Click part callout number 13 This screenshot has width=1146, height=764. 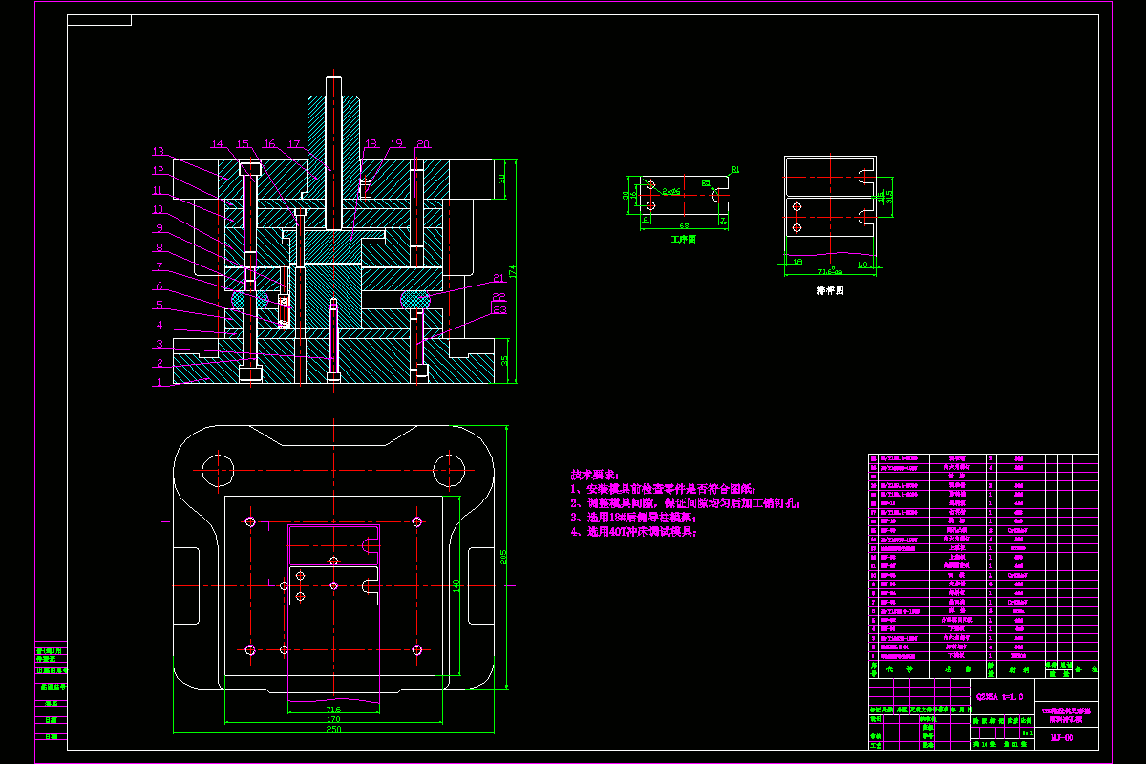click(x=159, y=151)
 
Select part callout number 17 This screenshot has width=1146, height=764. click(x=295, y=144)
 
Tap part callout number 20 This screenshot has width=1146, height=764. click(x=423, y=144)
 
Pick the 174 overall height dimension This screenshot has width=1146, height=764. click(x=512, y=273)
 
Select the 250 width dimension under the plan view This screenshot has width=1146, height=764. click(x=333, y=729)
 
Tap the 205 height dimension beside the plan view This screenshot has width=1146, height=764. click(x=504, y=560)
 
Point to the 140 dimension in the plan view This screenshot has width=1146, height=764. click(x=456, y=584)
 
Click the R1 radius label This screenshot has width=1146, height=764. click(x=736, y=170)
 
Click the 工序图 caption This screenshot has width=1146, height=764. click(x=683, y=240)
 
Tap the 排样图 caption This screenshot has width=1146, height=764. click(x=829, y=288)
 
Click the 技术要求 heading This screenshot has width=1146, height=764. click(x=595, y=475)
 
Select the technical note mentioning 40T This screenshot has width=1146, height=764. click(x=634, y=532)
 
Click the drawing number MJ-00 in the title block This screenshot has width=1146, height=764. click(x=1062, y=737)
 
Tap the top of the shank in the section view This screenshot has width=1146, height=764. click(x=332, y=80)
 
